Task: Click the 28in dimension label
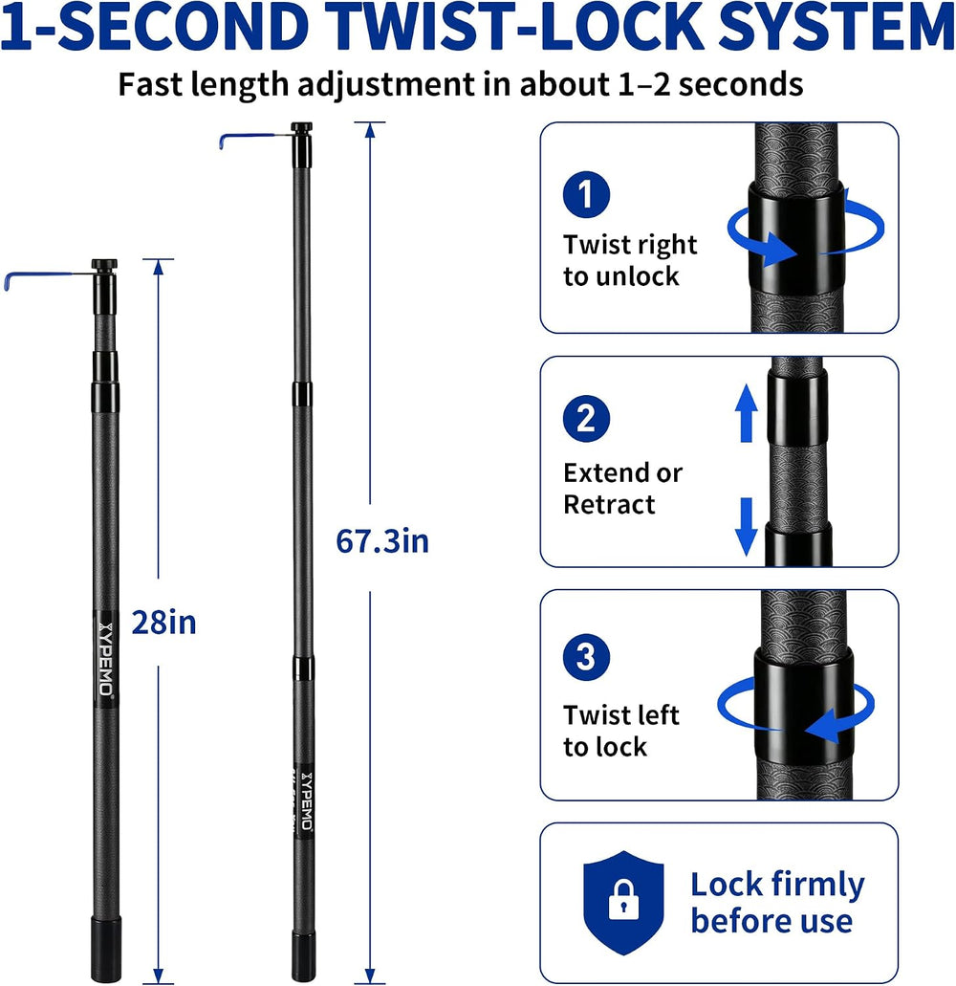164,623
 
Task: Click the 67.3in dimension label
382,541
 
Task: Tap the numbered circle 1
586,194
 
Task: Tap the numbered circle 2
586,418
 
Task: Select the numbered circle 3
586,657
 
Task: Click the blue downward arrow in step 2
746,527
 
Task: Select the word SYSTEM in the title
836,27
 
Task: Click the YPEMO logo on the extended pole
307,800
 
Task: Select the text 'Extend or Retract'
622,489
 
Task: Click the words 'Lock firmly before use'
777,903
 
